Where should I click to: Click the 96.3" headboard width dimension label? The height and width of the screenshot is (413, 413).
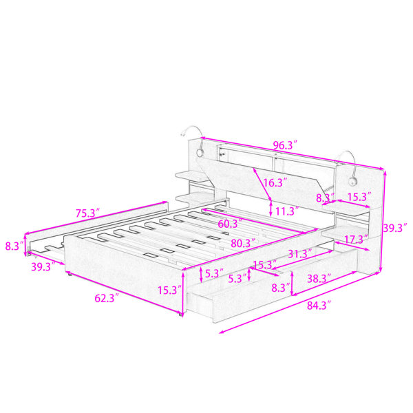pos(285,145)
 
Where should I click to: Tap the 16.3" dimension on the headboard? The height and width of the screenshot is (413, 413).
pos(275,182)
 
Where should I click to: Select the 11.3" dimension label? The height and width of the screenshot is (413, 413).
pos(287,211)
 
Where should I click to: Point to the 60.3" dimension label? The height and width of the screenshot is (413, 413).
pos(230,224)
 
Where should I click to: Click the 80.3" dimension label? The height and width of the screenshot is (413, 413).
pos(243,243)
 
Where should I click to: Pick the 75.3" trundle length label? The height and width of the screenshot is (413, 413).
pos(88,213)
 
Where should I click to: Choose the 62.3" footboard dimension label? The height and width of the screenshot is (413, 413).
pos(107,298)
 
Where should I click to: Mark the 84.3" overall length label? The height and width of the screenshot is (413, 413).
pos(319,306)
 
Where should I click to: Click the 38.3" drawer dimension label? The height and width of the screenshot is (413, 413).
pos(319,278)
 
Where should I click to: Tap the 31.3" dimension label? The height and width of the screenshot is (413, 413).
pos(300,254)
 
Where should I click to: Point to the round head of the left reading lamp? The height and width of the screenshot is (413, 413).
pos(200,153)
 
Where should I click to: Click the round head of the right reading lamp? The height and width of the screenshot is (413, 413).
pos(352,182)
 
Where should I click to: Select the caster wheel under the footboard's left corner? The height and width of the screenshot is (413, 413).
pos(70,275)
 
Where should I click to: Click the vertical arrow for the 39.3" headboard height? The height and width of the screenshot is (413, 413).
pos(383,221)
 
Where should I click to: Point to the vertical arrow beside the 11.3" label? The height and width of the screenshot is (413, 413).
pos(271,209)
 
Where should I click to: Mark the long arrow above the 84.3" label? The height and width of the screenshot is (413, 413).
pos(299,302)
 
